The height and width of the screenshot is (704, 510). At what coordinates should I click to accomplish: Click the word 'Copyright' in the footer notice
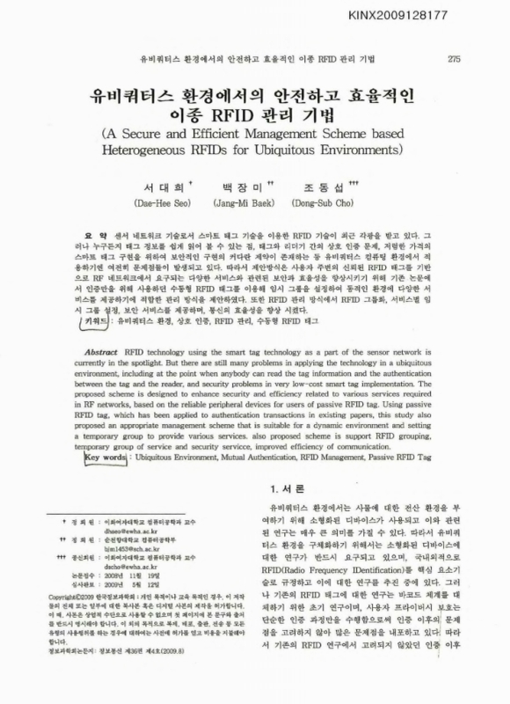pos(69,620)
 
